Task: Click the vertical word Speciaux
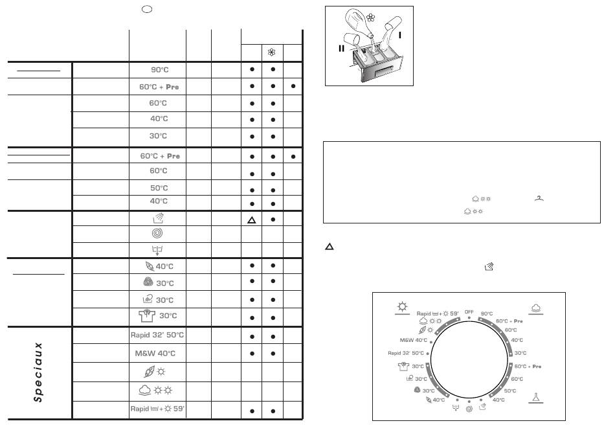pos(38,372)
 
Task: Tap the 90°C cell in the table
pos(160,70)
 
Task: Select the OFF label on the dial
pos(469,312)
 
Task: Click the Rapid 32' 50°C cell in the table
pos(157,335)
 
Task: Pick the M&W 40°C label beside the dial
pos(414,340)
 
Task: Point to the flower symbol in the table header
pos(271,52)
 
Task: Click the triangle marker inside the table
pos(252,220)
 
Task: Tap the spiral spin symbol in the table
pos(157,233)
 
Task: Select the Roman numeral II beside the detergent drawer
pos(342,49)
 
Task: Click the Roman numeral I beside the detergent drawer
pos(400,36)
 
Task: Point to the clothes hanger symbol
pos(539,199)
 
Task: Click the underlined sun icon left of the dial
pos(403,308)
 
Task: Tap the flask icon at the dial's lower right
pos(536,398)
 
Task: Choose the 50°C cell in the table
pos(159,188)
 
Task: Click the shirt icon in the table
pos(147,316)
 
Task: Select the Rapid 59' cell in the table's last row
pos(157,409)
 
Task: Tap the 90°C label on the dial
pos(487,314)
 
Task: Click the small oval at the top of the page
pos(147,9)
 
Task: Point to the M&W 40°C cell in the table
pos(155,353)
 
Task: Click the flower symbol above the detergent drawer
pos(371,17)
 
